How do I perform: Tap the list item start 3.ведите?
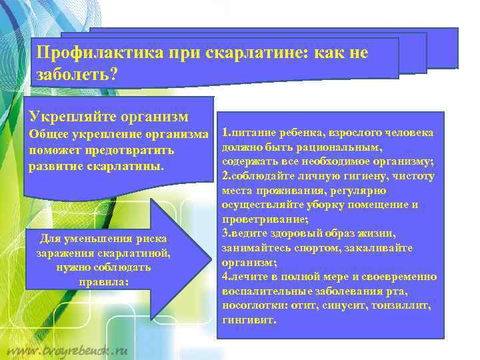pyautogui.click(x=245, y=233)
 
